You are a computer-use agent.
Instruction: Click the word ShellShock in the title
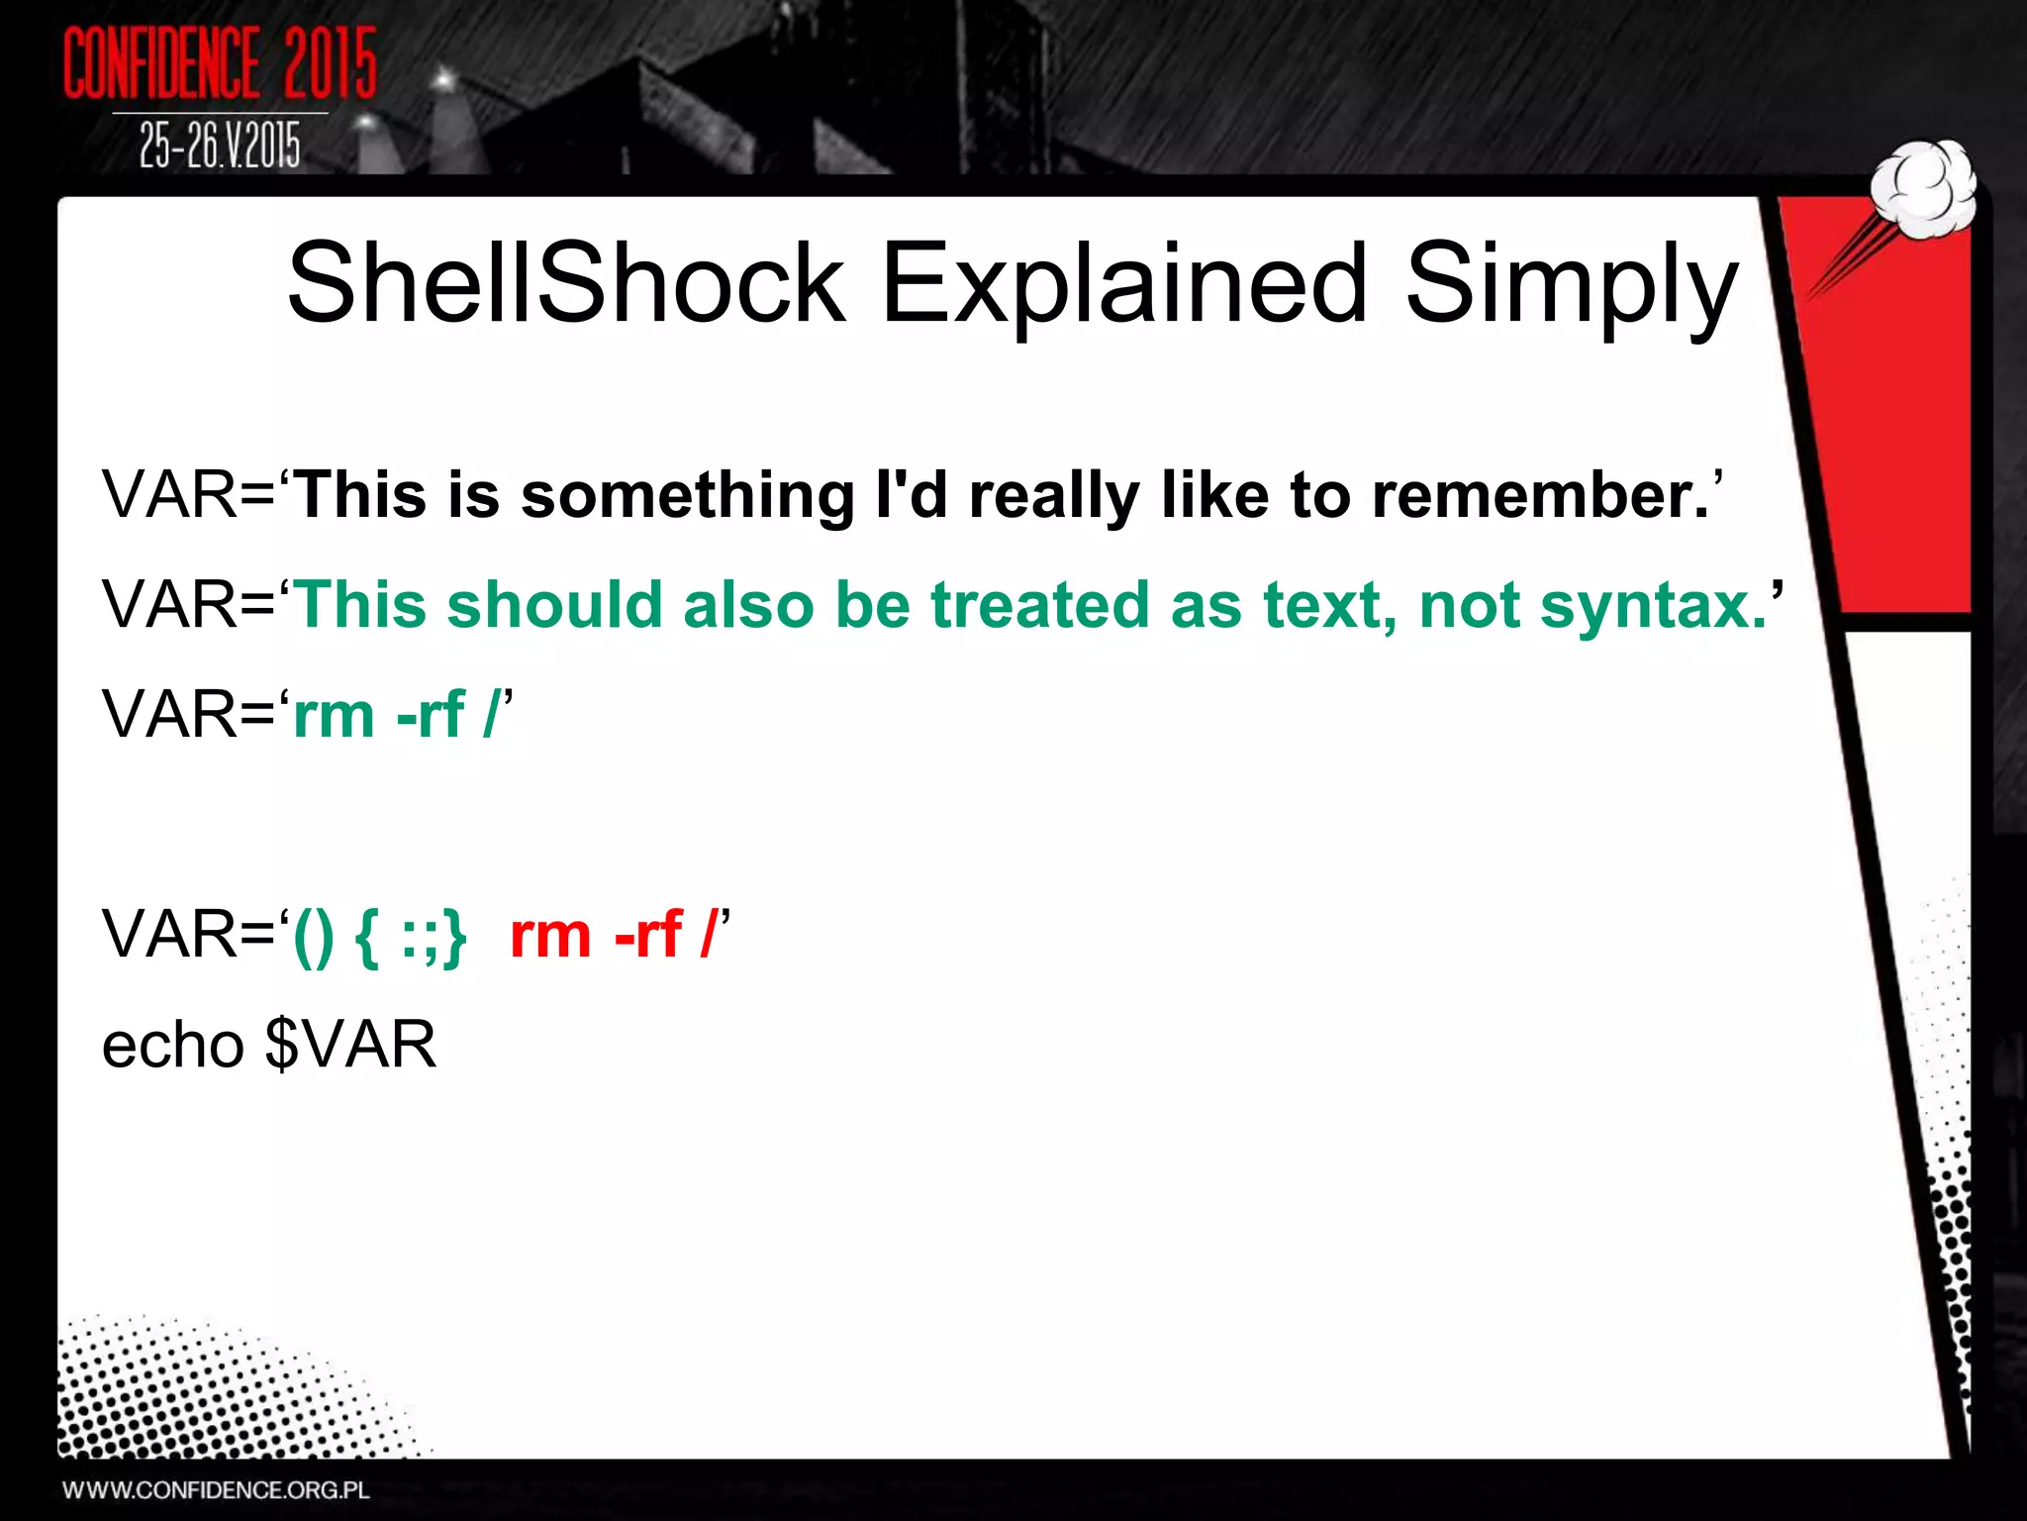565,284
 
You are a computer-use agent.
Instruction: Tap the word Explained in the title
1123,284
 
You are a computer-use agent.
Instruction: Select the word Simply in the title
1571,284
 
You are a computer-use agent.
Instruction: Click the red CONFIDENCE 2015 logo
220,63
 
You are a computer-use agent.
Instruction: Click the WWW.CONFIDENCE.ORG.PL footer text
216,1490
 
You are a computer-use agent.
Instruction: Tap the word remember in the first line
1540,494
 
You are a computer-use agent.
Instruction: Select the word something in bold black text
687,494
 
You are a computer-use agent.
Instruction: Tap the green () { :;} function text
379,934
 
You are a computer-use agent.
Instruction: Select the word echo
173,1045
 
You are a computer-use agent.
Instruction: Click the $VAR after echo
351,1045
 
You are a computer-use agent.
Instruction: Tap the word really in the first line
1054,494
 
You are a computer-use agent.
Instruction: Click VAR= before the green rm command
188,714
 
